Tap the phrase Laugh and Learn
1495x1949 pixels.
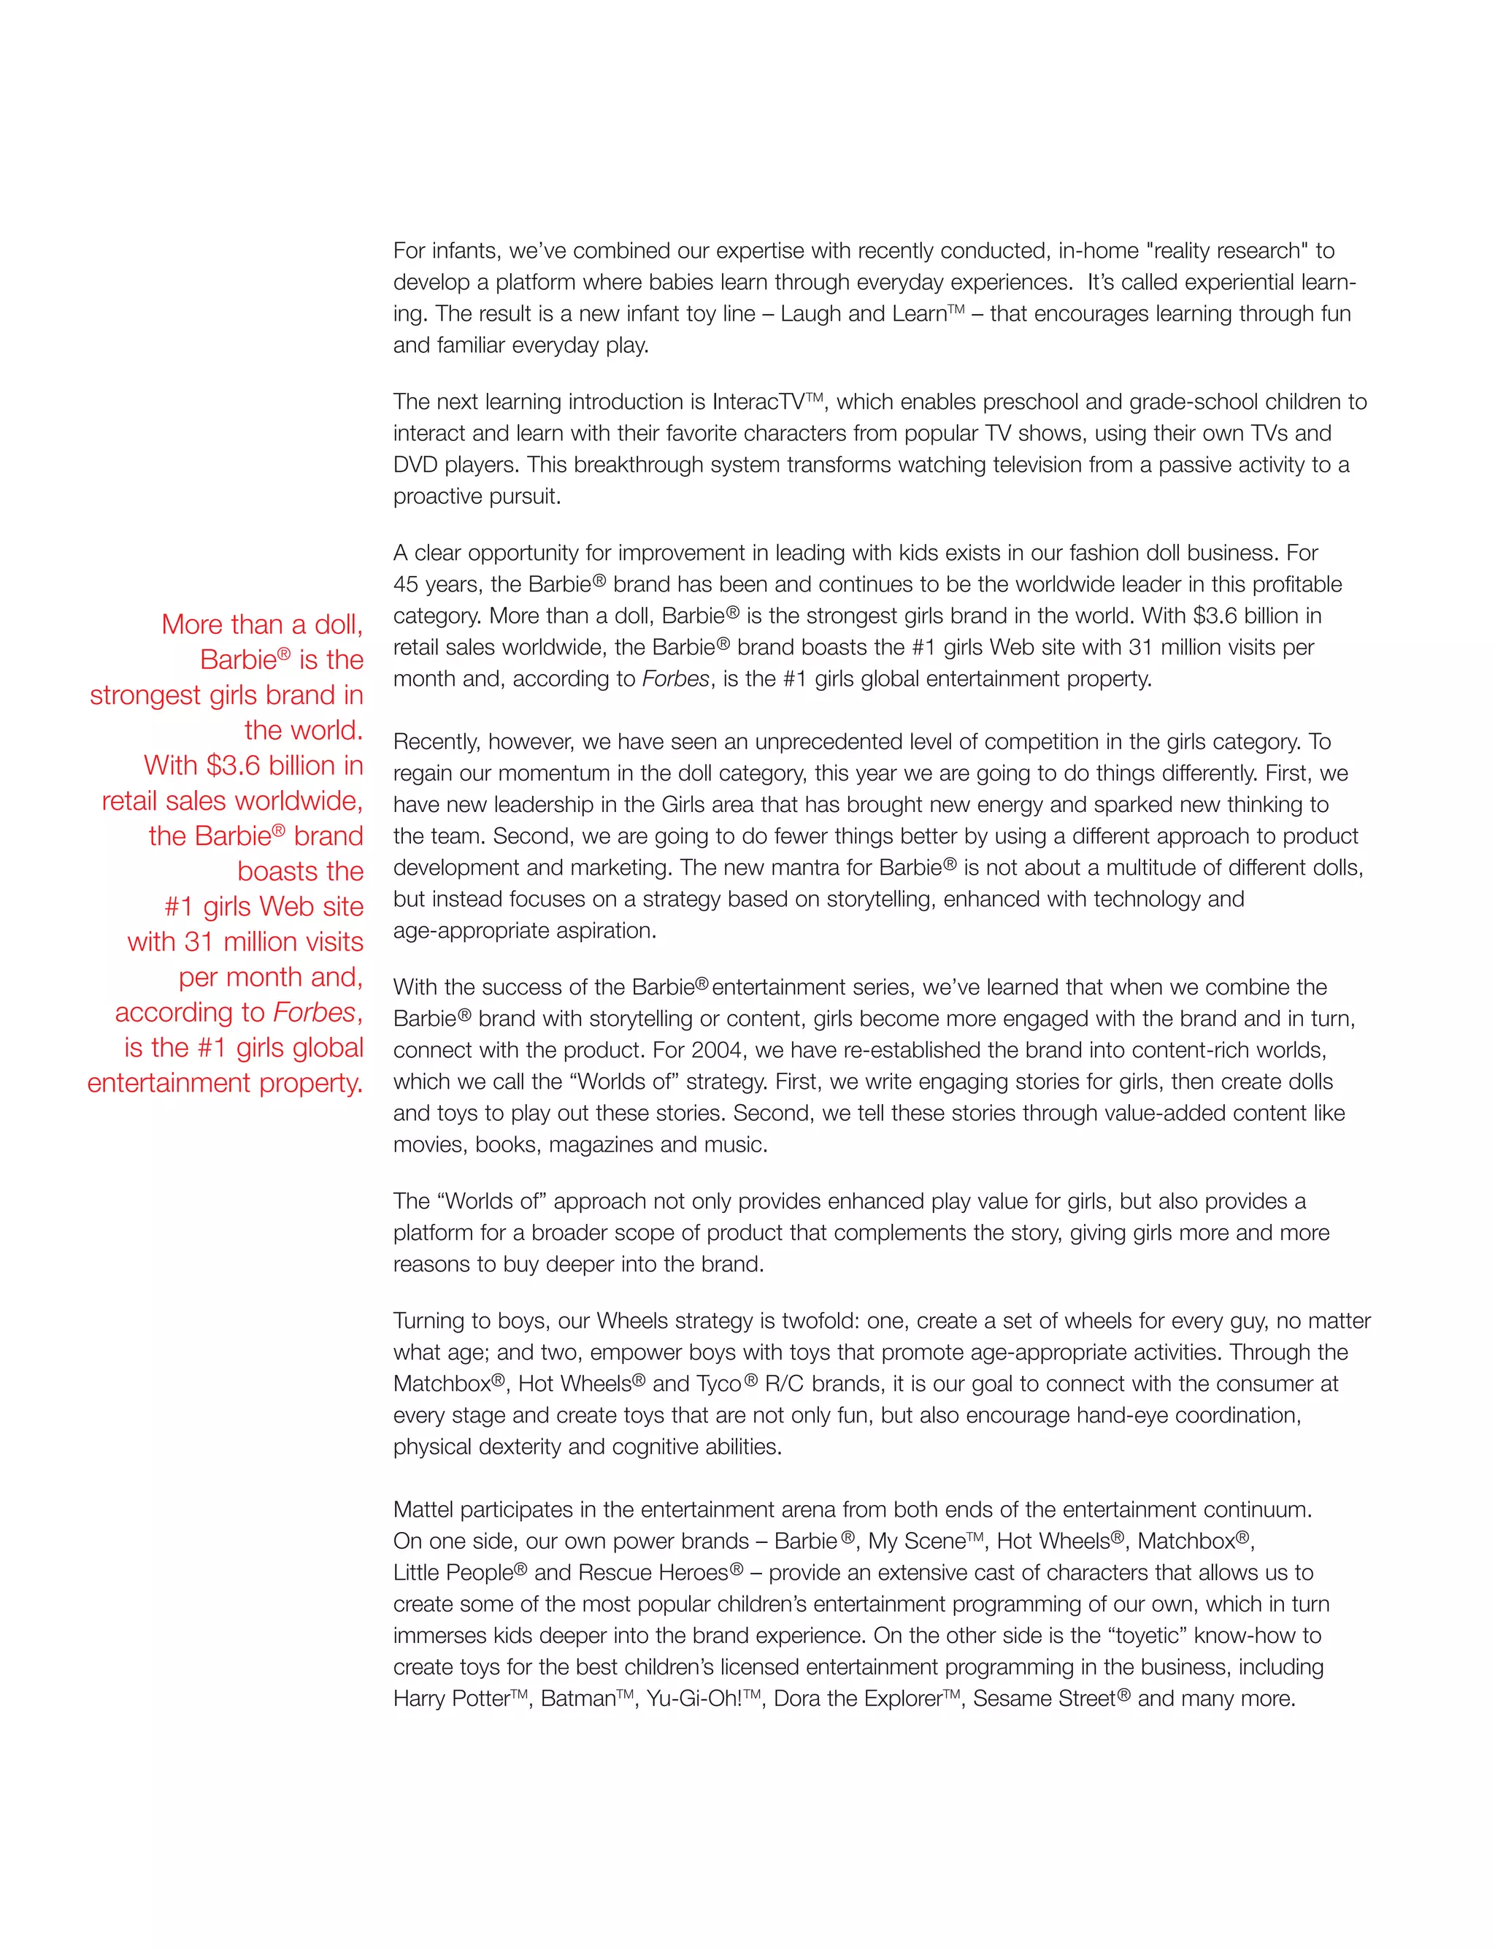point(862,314)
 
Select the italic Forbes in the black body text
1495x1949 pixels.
point(675,679)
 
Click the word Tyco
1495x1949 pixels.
point(719,1384)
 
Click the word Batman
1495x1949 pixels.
point(578,1699)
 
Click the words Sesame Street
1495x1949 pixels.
point(1044,1699)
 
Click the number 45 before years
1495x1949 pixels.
point(406,585)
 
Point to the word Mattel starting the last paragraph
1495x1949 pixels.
point(423,1510)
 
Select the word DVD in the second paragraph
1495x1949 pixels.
point(415,465)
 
